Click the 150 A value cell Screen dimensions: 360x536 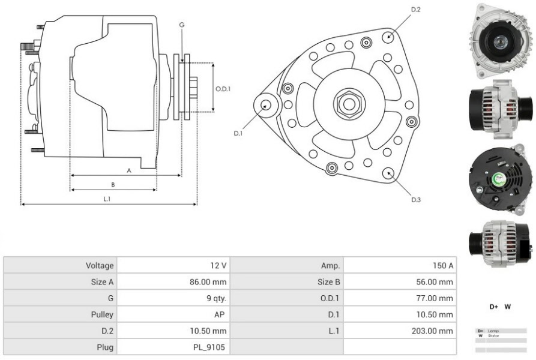pyautogui.click(x=442, y=265)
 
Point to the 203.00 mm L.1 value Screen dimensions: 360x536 pyautogui.click(x=436, y=331)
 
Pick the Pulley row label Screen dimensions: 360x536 pyautogui.click(x=103, y=314)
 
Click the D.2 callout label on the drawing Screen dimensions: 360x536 pyautogui.click(x=415, y=10)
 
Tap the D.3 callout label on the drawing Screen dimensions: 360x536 pyautogui.click(x=415, y=199)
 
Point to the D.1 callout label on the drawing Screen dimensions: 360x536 pyautogui.click(x=238, y=133)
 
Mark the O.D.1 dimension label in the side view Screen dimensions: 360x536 pyautogui.click(x=223, y=89)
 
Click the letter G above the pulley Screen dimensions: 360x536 pyautogui.click(x=181, y=25)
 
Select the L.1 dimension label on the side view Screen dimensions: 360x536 pyautogui.click(x=107, y=199)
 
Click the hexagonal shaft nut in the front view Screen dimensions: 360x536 pyautogui.click(x=348, y=103)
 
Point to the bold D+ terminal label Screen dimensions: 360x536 pyautogui.click(x=494, y=307)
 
